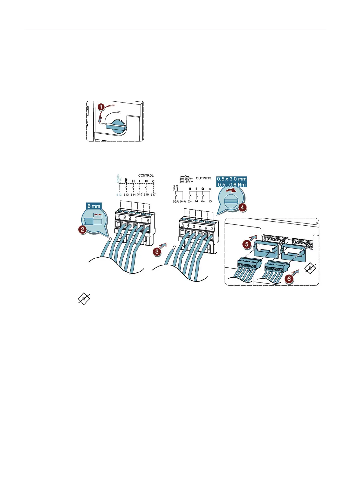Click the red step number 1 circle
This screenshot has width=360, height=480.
point(101,107)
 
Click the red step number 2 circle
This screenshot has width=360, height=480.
point(82,230)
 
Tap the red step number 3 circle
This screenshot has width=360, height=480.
point(157,251)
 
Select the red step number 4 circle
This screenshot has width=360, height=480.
point(242,207)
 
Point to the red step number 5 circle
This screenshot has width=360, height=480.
point(247,244)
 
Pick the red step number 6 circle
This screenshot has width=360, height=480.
point(289,279)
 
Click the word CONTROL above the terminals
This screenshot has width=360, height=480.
point(146,175)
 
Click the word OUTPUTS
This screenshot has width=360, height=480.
point(203,178)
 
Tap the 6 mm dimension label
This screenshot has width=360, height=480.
point(94,206)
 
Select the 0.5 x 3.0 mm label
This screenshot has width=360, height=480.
point(232,179)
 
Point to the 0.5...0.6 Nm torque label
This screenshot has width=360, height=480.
point(232,185)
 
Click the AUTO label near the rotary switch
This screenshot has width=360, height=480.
point(119,112)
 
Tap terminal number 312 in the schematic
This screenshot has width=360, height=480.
point(119,194)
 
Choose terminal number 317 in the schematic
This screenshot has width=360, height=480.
point(153,194)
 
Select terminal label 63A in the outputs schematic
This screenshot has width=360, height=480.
point(176,201)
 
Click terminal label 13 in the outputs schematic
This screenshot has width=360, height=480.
point(210,201)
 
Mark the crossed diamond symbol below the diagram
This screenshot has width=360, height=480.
point(84,299)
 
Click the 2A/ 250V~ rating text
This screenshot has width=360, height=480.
point(186,179)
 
